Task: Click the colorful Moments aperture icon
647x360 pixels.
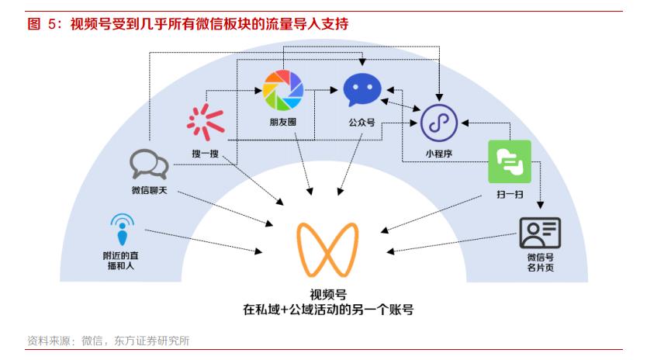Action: pos(283,91)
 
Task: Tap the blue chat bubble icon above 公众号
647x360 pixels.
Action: pos(362,89)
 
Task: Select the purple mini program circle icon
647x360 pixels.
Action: pos(439,123)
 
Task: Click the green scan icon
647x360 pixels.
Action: pos(510,161)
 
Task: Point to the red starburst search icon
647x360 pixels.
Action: pos(206,123)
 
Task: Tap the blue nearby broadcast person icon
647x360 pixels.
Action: pos(122,230)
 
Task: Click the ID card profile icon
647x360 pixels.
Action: pos(540,233)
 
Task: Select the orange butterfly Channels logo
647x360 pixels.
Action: pos(327,250)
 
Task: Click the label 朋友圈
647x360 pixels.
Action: pos(283,122)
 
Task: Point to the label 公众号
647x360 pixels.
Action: pos(362,123)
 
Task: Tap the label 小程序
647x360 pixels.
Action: pos(439,154)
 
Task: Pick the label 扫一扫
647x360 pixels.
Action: pos(510,194)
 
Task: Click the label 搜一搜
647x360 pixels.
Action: pos(205,154)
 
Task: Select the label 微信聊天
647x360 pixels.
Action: pos(150,190)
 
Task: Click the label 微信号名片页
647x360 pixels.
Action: pos(540,262)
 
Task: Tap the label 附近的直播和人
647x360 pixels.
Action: pos(121,261)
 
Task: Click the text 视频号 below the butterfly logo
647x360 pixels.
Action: pos(328,294)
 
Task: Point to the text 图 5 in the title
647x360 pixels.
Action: pos(41,24)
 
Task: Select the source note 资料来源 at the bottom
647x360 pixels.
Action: pos(49,341)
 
